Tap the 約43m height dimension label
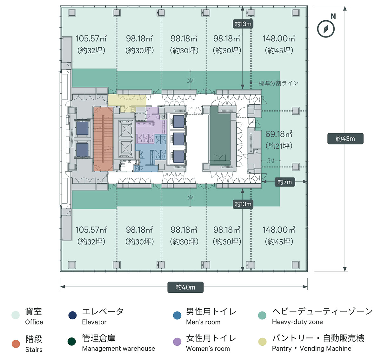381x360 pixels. pyautogui.click(x=345, y=139)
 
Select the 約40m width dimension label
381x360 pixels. pyautogui.click(x=185, y=287)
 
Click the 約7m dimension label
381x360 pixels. pyautogui.click(x=284, y=182)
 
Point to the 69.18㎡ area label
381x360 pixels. pyautogui.click(x=279, y=134)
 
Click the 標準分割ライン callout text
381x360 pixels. pyautogui.click(x=278, y=83)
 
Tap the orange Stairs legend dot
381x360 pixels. pyautogui.click(x=16, y=344)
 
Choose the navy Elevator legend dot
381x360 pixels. pyautogui.click(x=72, y=315)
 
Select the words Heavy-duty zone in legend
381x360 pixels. pyautogui.click(x=297, y=322)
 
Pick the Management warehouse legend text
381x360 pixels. pyautogui.click(x=118, y=348)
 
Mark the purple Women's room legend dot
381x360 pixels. pyautogui.click(x=177, y=342)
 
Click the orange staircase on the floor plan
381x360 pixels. pyautogui.click(x=103, y=139)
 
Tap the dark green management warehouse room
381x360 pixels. pyautogui.click(x=220, y=137)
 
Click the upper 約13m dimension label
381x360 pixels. pyautogui.click(x=243, y=24)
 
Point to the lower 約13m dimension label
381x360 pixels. pyautogui.click(x=243, y=204)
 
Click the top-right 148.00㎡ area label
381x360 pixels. pyautogui.click(x=279, y=39)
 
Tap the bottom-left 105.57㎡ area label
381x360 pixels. pyautogui.click(x=91, y=230)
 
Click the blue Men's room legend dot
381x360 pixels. pyautogui.click(x=177, y=315)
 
